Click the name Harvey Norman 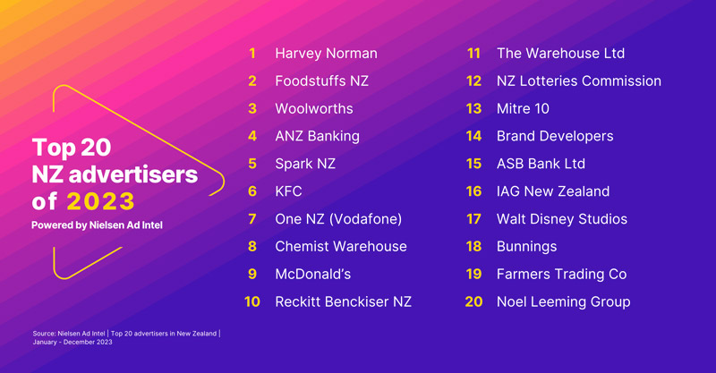coord(326,54)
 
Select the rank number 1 coord(252,54)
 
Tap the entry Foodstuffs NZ coord(321,81)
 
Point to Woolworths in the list coord(314,108)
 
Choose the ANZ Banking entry coord(318,137)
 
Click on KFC coord(288,191)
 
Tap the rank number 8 coord(252,247)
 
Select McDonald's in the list coord(312,275)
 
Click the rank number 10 coord(252,301)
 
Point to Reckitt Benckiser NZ coord(343,301)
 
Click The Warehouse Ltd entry coord(560,54)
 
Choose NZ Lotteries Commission coord(578,81)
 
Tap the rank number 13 coord(473,108)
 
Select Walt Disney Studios coord(562,219)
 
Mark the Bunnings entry coord(526,247)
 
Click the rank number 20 coord(473,301)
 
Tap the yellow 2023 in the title coord(100,201)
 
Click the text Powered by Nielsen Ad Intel coord(97,225)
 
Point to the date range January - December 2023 coord(72,342)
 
